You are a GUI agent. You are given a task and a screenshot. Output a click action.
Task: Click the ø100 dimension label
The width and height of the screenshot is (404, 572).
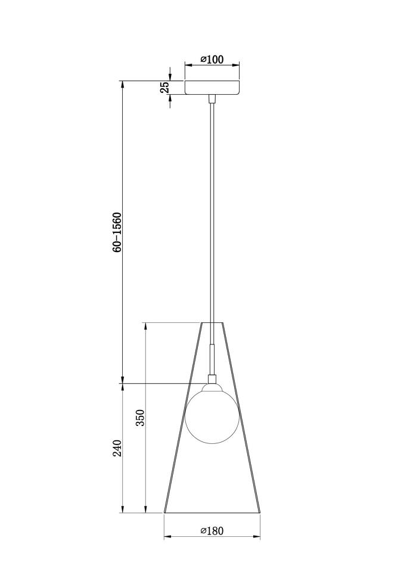click(x=212, y=59)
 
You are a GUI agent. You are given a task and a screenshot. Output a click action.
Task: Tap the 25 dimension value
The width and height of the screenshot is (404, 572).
click(x=165, y=87)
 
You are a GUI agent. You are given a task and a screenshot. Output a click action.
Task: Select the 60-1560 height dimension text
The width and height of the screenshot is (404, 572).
click(x=117, y=232)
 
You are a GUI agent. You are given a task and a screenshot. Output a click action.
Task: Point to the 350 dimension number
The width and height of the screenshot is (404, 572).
click(x=141, y=418)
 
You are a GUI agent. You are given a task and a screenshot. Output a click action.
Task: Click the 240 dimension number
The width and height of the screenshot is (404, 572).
click(x=117, y=448)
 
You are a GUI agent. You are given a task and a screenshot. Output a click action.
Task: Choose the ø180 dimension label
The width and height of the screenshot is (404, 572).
click(x=212, y=530)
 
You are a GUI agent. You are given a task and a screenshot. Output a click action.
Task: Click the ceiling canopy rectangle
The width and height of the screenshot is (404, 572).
click(x=212, y=88)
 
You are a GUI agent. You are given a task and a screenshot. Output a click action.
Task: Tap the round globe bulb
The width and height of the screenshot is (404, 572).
click(x=212, y=417)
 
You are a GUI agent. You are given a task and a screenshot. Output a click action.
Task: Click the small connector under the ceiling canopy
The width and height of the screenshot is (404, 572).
click(x=212, y=99)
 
